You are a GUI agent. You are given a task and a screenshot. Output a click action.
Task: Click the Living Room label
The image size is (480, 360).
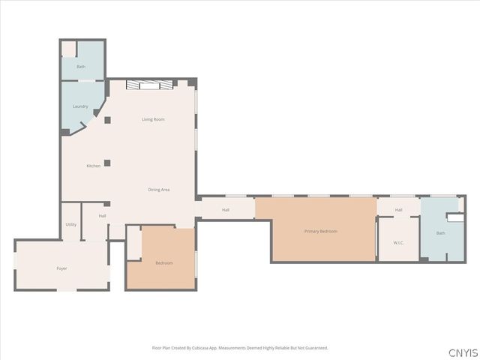(153, 119)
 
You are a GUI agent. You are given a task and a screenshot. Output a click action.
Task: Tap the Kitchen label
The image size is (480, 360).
(93, 166)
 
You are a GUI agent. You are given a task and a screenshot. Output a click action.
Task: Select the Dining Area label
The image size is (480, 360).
(159, 190)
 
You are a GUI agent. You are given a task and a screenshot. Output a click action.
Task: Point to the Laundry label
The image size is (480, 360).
(80, 106)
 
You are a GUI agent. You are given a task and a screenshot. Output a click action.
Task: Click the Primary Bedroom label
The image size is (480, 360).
(321, 231)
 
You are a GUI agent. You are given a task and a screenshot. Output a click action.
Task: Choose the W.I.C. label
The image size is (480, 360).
(398, 242)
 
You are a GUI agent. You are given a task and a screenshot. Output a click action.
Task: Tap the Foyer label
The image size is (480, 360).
(61, 268)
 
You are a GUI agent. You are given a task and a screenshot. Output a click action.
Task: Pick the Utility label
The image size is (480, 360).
(70, 224)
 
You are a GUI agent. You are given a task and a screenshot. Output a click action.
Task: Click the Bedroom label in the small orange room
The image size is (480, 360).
(163, 262)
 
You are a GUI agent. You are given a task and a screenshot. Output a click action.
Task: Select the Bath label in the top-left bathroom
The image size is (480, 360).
(81, 67)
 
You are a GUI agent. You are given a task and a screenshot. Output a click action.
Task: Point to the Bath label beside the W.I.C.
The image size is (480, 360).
(440, 233)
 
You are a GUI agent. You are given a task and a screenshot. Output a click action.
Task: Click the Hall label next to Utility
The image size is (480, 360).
(102, 216)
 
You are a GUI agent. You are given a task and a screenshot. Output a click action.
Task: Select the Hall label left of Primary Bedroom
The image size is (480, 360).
(225, 209)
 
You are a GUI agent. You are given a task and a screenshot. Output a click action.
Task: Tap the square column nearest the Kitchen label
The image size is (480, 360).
(107, 163)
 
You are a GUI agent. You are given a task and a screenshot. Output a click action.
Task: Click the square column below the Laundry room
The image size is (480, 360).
(107, 120)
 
